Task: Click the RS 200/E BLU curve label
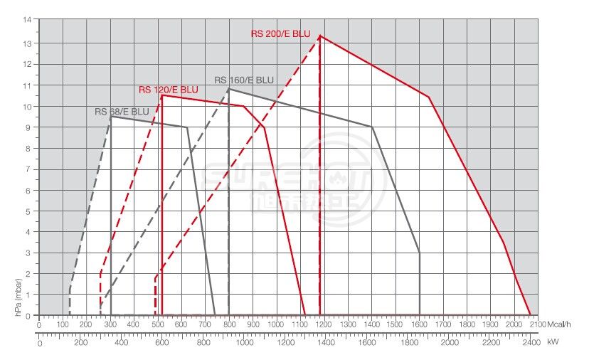coord(282,33)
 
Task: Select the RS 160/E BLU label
coord(244,80)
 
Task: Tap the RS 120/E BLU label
coord(169,90)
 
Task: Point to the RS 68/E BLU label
coord(122,112)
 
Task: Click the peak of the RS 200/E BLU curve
coord(320,36)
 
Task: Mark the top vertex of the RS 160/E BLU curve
coord(228,89)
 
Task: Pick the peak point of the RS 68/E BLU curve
coord(111,116)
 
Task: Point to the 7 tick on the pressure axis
coord(29,169)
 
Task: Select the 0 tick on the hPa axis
coord(29,315)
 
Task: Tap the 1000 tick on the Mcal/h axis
coord(276,324)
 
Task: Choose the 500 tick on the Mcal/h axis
coord(157,324)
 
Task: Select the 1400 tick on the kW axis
coord(327,342)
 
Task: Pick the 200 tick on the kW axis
coord(80,342)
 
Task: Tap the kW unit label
coord(553,342)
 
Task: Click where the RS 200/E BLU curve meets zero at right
coord(531,314)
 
